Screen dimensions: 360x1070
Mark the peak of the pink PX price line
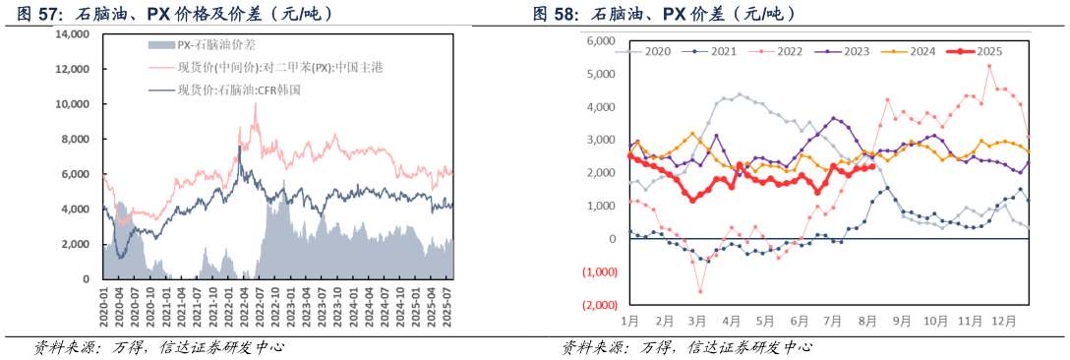[256, 103]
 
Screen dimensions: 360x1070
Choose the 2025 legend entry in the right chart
[980, 51]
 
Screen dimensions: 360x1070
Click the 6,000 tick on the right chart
[600, 41]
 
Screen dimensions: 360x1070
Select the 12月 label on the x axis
[1003, 321]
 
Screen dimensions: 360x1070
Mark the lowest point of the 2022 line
[700, 291]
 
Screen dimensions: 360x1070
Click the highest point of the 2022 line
[988, 66]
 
